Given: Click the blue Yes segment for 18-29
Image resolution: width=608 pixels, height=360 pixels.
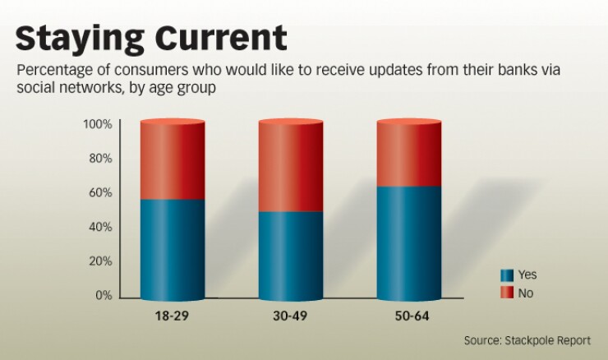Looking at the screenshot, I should pos(172,248).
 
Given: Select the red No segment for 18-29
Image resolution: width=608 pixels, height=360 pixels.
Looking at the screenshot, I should pos(172,161).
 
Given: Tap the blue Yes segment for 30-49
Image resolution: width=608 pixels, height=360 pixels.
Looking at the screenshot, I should pos(290,255).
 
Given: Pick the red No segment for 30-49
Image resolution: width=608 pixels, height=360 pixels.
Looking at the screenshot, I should pos(290,167).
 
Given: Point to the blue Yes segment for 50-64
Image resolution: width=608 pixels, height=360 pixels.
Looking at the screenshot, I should pos(408,242).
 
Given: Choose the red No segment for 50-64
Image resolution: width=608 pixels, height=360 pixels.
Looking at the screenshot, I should pos(408,155).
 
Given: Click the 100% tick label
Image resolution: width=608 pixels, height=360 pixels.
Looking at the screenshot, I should pos(96,124).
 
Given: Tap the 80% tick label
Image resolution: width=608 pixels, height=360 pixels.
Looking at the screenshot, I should pos(99,159).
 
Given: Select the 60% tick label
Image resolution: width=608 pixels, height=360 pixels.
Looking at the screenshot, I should pos(99,193).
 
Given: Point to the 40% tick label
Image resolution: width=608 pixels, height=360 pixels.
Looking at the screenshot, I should pos(99,227).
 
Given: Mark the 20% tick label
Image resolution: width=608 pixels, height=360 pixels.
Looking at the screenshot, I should pos(99,261).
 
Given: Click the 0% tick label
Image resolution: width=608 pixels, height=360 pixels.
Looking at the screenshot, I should pos(102,296).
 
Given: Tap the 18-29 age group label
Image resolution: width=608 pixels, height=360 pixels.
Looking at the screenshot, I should pos(172,316).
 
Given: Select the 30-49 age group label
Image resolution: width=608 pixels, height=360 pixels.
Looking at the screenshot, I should pos(290,316).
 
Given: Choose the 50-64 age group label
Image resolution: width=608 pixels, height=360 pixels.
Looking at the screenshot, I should pos(408,316).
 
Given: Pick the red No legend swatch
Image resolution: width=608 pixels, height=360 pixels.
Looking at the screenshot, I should pos(506,293).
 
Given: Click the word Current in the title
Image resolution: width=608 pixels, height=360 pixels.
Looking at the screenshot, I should pos(213,38).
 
